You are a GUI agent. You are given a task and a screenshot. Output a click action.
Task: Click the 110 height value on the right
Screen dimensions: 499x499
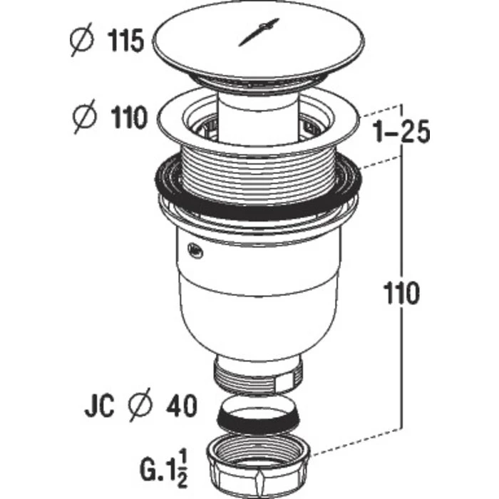coord(401,294)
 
